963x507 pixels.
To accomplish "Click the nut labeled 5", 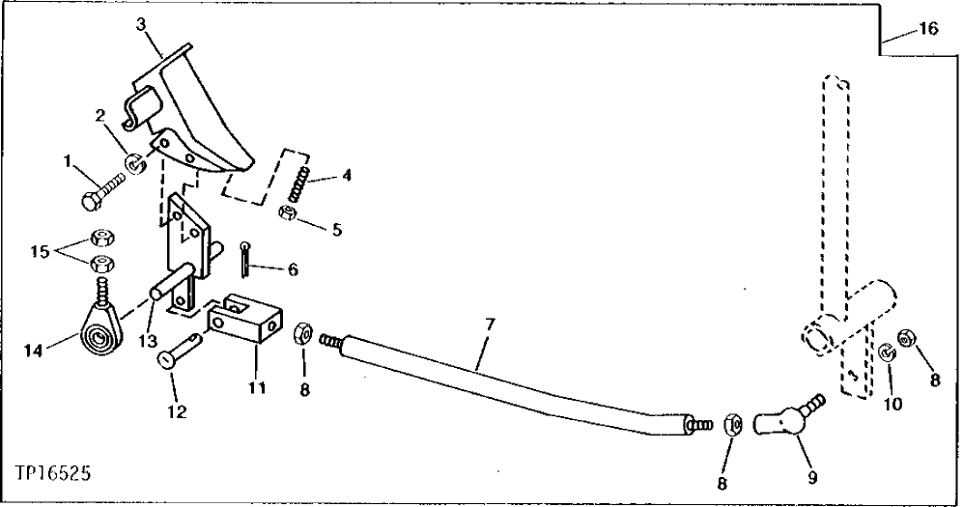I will (x=287, y=213).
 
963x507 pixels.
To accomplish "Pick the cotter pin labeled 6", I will (x=248, y=259).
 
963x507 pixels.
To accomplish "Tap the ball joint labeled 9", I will (x=784, y=415).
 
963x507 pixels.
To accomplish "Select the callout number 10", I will (x=892, y=404).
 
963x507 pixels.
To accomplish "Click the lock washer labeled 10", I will (x=886, y=355).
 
